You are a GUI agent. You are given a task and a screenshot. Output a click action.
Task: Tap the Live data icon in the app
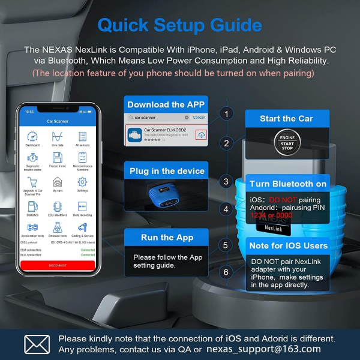[x=58, y=136]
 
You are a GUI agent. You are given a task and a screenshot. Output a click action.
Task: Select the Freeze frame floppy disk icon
[x=58, y=158]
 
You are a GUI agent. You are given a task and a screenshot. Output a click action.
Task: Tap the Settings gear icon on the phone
[x=82, y=182]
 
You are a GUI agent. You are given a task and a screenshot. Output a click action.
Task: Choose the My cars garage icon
[x=58, y=182]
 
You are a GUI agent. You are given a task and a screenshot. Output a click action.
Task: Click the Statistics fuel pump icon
[x=32, y=206]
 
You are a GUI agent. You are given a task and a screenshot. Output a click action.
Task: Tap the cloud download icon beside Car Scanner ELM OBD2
[x=202, y=135]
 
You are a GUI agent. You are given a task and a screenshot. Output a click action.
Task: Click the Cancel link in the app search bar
[x=199, y=118]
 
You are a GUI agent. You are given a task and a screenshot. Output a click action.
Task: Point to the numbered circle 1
[x=226, y=113]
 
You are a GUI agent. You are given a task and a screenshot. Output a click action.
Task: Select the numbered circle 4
[x=226, y=209]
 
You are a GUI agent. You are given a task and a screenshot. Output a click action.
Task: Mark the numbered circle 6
[x=226, y=272]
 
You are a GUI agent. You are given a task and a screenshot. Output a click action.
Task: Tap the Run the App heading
[x=167, y=237]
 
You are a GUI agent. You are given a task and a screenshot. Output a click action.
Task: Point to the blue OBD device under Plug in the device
[x=166, y=194]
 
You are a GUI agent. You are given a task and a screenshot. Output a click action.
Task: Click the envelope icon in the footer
[x=37, y=344]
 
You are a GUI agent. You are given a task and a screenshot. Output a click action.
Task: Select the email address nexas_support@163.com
[x=263, y=349]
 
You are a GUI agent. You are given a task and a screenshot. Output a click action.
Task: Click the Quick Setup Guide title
[x=179, y=25]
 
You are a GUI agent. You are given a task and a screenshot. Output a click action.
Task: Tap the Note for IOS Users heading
[x=288, y=245]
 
